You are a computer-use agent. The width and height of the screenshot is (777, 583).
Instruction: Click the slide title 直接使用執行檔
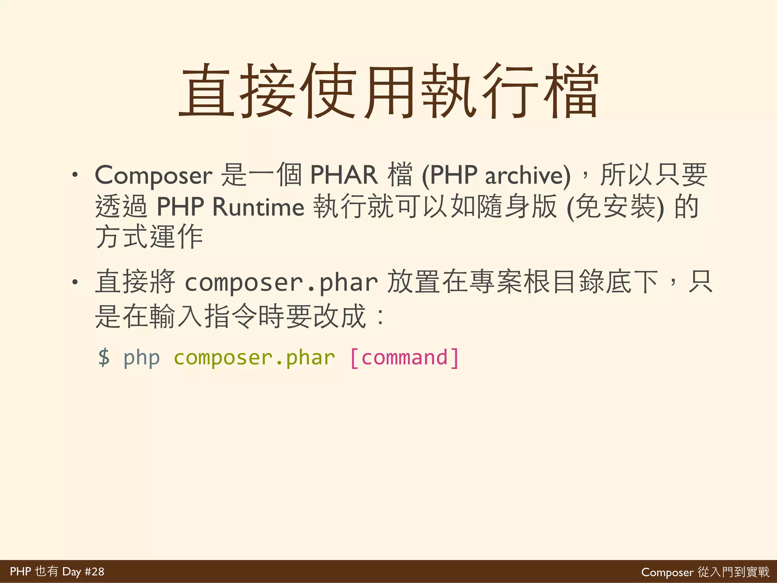[388, 91]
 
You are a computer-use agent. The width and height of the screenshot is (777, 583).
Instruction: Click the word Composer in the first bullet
[153, 175]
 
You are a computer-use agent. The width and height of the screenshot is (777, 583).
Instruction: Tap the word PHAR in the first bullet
[344, 175]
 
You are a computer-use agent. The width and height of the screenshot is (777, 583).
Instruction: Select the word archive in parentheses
[527, 175]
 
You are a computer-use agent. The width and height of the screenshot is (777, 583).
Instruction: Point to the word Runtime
[258, 207]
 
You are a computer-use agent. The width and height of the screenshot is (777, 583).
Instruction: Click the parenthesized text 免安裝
[615, 207]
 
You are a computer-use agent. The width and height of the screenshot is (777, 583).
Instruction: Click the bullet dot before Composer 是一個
[75, 175]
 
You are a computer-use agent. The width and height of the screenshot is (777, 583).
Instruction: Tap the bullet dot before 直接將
[75, 282]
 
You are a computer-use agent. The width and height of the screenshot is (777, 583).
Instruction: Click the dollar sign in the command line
[104, 357]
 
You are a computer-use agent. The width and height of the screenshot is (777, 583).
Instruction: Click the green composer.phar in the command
[254, 357]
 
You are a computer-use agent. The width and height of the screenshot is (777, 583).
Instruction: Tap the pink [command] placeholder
[404, 357]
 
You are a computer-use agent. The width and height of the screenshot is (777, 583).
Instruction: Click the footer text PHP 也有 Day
[46, 571]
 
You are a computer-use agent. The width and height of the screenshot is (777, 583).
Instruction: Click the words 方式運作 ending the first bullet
[149, 237]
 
